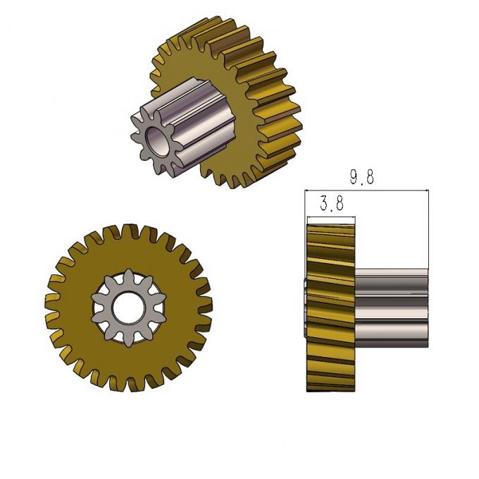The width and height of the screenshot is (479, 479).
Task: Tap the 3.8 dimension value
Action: pyautogui.click(x=332, y=205)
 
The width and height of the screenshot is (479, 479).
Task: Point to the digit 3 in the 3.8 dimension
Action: pyautogui.click(x=324, y=205)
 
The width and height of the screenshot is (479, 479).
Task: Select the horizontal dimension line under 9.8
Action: pyautogui.click(x=366, y=190)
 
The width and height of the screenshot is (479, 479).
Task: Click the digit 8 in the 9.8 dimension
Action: pyautogui.click(x=371, y=177)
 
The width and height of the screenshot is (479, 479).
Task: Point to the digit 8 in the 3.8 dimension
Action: pyautogui.click(x=340, y=205)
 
